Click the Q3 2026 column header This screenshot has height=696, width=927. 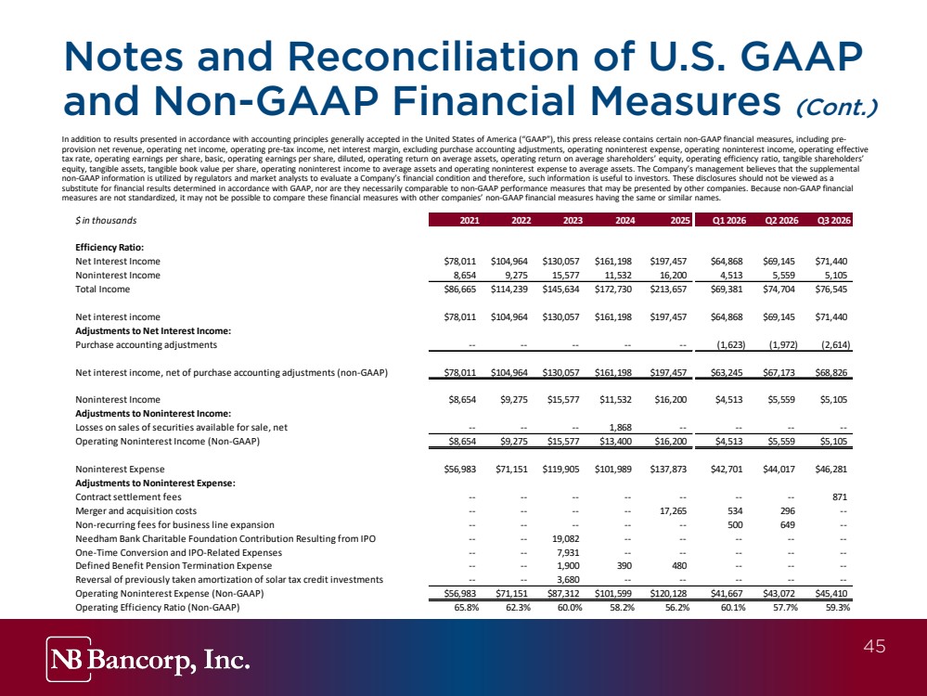tap(833, 221)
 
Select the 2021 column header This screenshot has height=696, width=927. tap(470, 221)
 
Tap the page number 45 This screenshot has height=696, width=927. tap(874, 646)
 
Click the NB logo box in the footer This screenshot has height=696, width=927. tap(69, 659)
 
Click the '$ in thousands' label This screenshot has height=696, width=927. tap(106, 221)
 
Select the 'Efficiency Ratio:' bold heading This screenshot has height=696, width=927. tap(109, 248)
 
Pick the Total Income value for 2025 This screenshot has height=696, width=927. tap(668, 290)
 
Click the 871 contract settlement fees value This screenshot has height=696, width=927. tap(840, 497)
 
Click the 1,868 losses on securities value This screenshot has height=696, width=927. tap(620, 428)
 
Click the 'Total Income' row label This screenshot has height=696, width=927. tap(102, 290)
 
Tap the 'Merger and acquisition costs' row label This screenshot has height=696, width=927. tap(136, 511)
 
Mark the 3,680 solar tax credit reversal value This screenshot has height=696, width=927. tap(568, 579)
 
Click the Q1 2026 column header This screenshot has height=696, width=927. tap(729, 221)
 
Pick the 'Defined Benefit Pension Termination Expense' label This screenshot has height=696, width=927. tap(174, 566)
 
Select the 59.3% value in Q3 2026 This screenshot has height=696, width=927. tap(838, 607)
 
